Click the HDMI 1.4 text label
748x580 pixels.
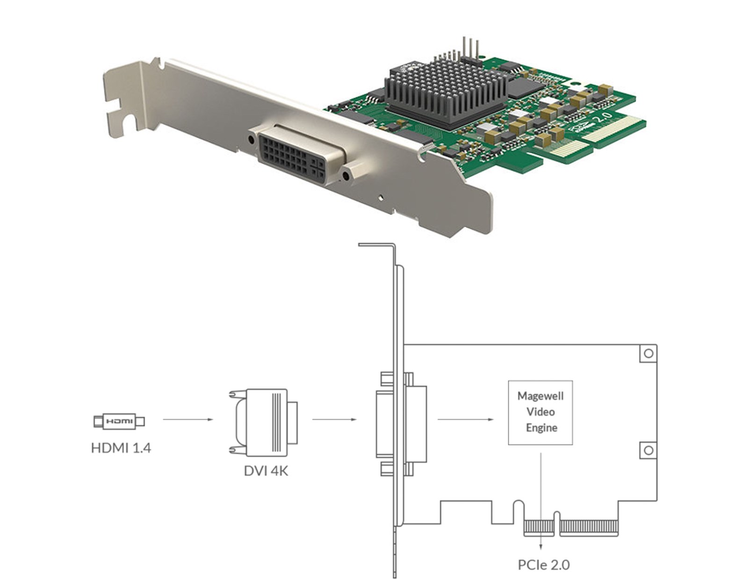(121, 448)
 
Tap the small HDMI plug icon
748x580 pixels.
(119, 421)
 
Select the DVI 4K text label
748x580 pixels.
(266, 470)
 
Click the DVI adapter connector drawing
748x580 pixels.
(263, 422)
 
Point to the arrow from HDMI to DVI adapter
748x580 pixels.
(187, 419)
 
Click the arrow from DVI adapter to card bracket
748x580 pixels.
(334, 419)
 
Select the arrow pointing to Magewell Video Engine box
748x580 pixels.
(465, 419)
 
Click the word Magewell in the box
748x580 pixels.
(540, 396)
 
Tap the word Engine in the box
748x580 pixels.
(541, 428)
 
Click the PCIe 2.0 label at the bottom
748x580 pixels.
(543, 565)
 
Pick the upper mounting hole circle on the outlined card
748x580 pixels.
(648, 353)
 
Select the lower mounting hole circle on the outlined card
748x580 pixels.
(648, 450)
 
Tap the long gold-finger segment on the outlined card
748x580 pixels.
(589, 527)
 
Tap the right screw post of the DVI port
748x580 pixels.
(346, 176)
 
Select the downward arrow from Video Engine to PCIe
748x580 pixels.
(541, 500)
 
